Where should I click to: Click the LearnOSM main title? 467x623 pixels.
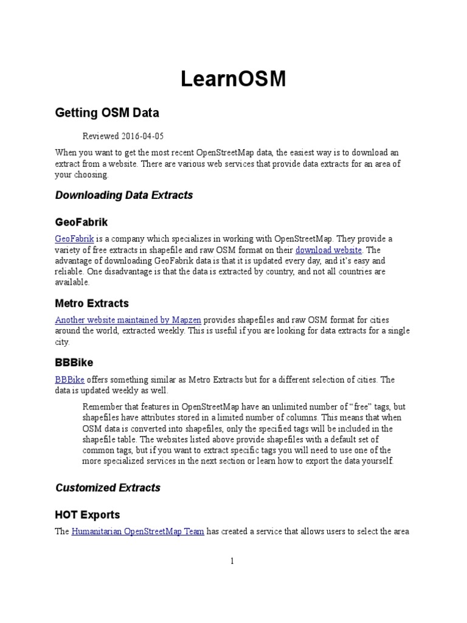(233, 79)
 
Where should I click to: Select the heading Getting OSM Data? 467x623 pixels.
(107, 113)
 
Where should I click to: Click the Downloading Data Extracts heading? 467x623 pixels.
(124, 195)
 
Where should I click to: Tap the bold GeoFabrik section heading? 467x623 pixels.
(81, 223)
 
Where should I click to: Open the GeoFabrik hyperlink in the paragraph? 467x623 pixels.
(72, 238)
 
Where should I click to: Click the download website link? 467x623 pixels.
(328, 249)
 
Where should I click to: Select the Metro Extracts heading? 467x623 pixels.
(92, 304)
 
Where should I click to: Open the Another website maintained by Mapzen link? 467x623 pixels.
(128, 319)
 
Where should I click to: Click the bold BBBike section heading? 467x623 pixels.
(74, 363)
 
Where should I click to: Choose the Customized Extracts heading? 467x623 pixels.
(108, 487)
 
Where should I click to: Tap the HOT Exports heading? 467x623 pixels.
(88, 515)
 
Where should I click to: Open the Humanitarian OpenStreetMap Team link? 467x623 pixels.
(137, 531)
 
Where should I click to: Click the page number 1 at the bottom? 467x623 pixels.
(232, 562)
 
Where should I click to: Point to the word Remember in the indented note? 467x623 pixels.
(102, 406)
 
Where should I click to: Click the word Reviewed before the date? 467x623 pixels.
(101, 136)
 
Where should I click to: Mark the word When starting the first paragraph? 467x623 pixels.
(66, 152)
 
